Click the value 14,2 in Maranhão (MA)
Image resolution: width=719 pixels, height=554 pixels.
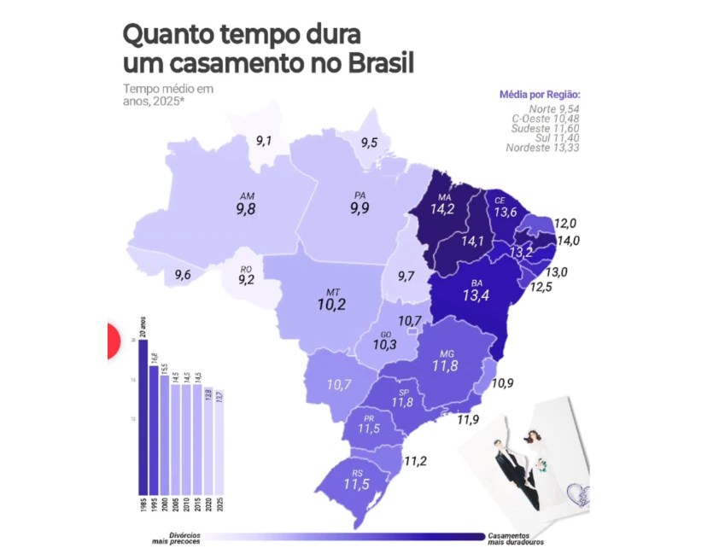[x=442, y=208]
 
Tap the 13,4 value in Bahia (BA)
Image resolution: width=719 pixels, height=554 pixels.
[x=476, y=296]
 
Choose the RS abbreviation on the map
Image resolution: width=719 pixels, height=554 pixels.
[x=358, y=472]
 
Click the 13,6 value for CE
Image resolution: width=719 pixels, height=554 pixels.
[x=506, y=212]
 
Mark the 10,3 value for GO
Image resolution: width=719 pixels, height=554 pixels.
[x=385, y=346]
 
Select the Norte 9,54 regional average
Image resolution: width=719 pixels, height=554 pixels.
[x=554, y=108]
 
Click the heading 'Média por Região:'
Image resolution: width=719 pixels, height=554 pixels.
[x=540, y=95]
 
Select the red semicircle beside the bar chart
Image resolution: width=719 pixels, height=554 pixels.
[x=112, y=341]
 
